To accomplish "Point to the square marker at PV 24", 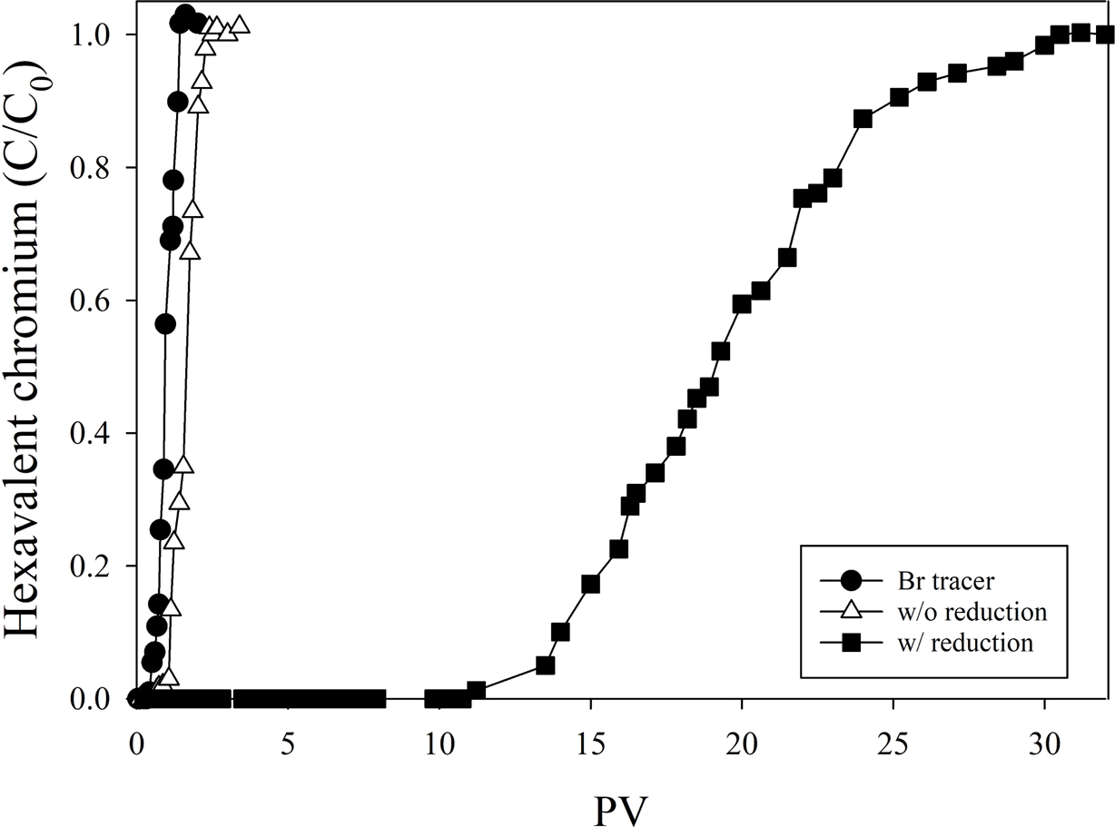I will pyautogui.click(x=863, y=119).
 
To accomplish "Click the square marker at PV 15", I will pyautogui.click(x=590, y=584).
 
